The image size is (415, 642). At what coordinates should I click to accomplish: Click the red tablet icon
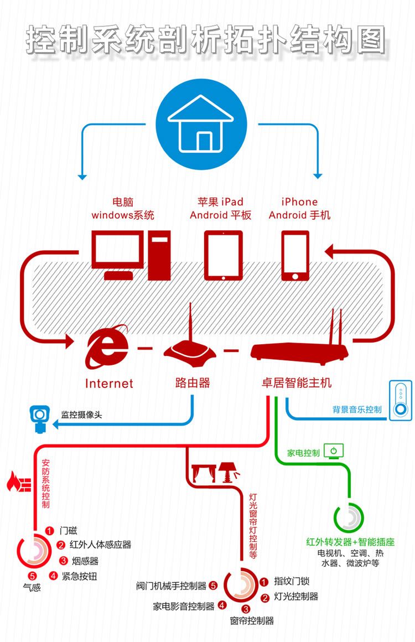(x=224, y=255)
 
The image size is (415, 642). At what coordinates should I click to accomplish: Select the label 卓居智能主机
(x=297, y=382)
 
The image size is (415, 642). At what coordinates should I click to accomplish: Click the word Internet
(x=109, y=383)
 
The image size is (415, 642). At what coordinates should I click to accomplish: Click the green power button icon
(x=334, y=450)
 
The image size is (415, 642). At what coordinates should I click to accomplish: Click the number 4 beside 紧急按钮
(x=53, y=576)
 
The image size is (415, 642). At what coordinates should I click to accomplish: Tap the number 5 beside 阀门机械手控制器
(x=213, y=585)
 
